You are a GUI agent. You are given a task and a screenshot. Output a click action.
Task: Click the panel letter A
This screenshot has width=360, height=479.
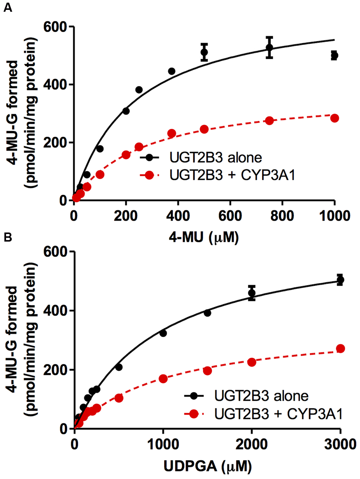pyautogui.click(x=7, y=8)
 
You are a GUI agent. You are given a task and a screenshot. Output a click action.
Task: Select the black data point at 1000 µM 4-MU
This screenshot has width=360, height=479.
pyautogui.click(x=334, y=56)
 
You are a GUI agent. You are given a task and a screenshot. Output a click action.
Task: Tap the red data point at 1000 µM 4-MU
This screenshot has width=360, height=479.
pyautogui.click(x=334, y=118)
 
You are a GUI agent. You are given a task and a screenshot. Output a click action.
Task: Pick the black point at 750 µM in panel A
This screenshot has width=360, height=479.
pyautogui.click(x=269, y=47)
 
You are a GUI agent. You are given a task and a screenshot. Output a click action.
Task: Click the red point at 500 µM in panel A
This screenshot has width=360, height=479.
pyautogui.click(x=204, y=129)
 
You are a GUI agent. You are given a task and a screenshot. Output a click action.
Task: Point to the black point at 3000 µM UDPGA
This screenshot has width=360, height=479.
pyautogui.click(x=340, y=280)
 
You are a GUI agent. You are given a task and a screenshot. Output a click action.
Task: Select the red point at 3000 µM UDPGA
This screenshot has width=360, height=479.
pyautogui.click(x=340, y=348)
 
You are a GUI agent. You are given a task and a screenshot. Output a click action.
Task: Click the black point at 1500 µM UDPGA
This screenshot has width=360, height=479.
pyautogui.click(x=207, y=313)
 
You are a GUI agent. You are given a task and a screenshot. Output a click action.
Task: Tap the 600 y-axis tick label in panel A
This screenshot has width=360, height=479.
pyautogui.click(x=56, y=28)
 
